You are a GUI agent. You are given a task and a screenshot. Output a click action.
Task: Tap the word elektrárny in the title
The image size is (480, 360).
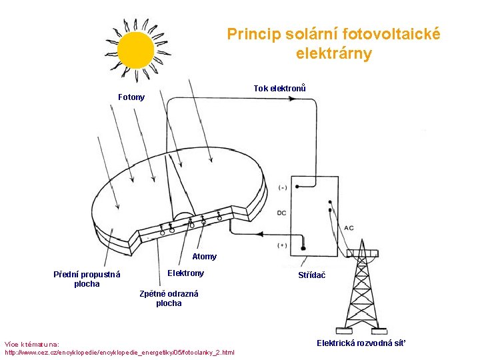coord(333,53)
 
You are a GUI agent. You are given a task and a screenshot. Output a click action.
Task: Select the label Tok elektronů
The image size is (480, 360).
coord(279,89)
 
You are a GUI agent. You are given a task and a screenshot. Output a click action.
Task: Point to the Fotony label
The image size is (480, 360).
coord(131,97)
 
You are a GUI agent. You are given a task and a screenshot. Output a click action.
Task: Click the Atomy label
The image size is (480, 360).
coord(204,256)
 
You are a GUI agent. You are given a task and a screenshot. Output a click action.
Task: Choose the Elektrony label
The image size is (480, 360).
coord(185,273)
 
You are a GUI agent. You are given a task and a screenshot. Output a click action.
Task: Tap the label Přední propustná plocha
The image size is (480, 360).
coord(87,279)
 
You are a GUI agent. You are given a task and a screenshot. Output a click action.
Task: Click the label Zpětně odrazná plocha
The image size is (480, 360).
coord(169,298)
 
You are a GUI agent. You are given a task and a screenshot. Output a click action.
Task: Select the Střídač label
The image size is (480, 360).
coord(313,275)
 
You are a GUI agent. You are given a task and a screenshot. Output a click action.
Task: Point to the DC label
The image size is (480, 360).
coord(281,213)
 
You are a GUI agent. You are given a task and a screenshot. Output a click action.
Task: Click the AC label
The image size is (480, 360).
coord(349,228)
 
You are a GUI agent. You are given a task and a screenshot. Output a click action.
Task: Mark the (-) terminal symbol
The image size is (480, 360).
coord(283,187)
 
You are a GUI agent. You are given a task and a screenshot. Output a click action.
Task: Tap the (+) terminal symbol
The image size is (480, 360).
coord(283,245)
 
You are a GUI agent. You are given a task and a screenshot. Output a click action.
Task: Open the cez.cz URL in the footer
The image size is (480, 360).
coord(120,351)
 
